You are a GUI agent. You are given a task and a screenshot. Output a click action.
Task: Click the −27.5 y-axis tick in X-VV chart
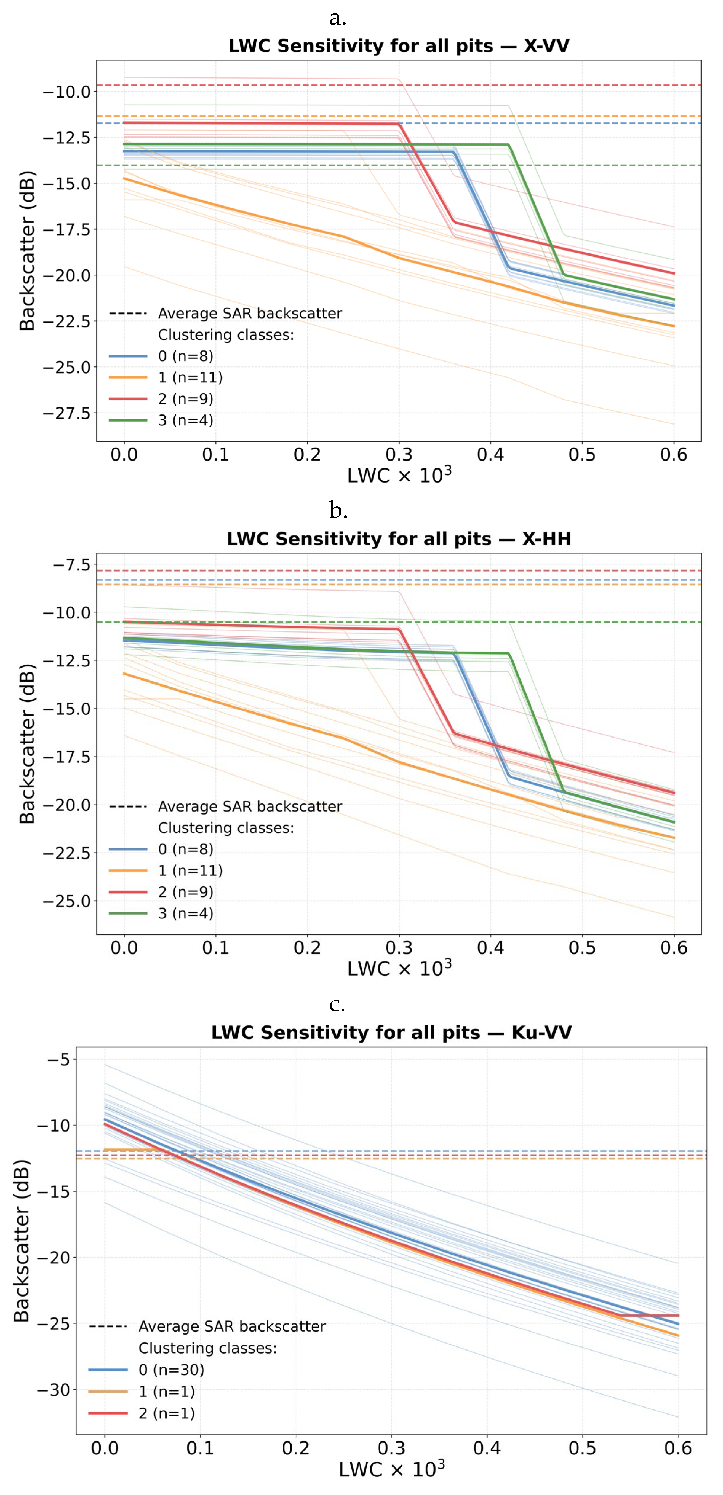pos(66,413)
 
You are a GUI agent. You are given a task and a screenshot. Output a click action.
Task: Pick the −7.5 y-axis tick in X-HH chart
pos(72,565)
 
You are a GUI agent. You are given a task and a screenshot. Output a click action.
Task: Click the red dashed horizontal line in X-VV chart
pos(522,85)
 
